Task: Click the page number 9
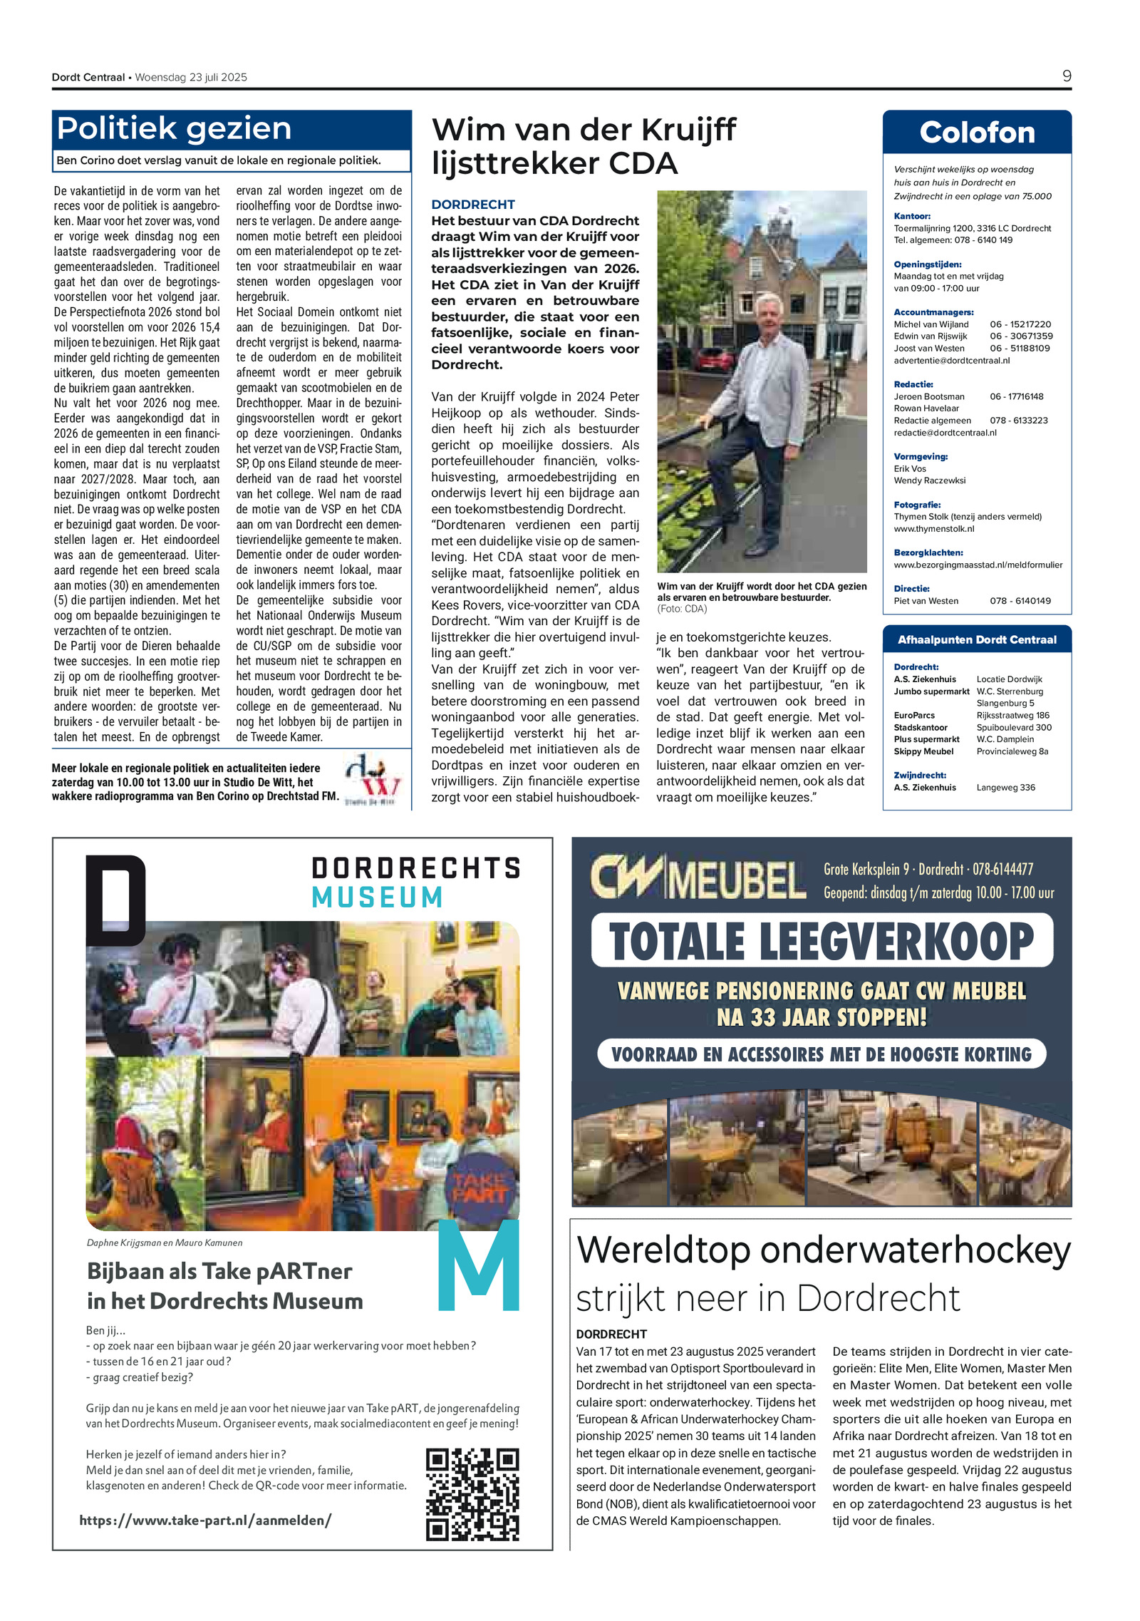(x=1066, y=76)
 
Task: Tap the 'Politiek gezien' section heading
(x=174, y=128)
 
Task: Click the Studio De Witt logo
(x=373, y=779)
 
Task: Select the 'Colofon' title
(x=976, y=133)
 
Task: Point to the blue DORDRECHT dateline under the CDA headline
(x=472, y=205)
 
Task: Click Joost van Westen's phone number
(x=1019, y=349)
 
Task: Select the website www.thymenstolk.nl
(x=933, y=529)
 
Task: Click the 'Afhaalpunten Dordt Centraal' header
(x=976, y=639)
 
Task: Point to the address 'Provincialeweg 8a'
(x=1012, y=751)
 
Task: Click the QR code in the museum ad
(x=472, y=1493)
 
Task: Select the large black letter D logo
(x=115, y=900)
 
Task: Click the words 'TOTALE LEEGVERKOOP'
(x=821, y=941)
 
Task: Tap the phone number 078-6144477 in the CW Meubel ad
(x=1002, y=869)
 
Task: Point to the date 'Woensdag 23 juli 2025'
(x=191, y=78)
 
